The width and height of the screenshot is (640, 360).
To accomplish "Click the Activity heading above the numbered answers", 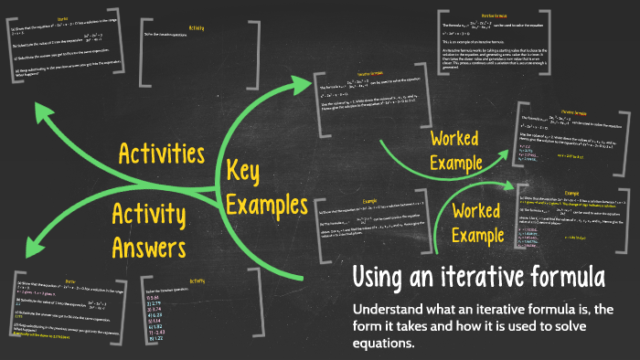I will [x=197, y=281].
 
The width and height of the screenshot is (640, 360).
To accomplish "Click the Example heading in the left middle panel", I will [x=369, y=199].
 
